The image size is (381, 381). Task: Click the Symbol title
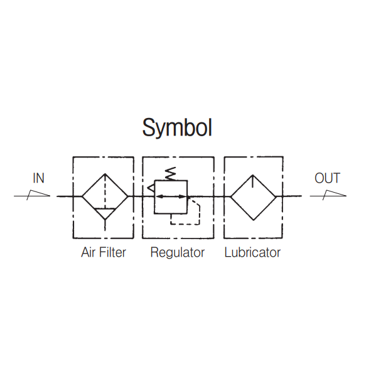177,127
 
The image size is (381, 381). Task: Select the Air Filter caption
104,253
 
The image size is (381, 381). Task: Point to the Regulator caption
178,253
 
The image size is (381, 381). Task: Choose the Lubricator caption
252,253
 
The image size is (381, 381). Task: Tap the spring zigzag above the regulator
169,173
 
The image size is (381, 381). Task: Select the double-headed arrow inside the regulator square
171,196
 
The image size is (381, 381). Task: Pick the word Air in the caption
88,253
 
